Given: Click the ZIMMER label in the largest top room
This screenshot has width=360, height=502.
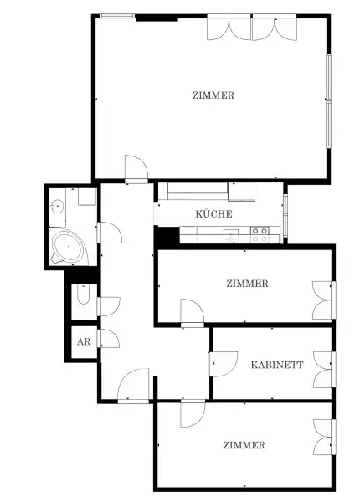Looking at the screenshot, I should (x=213, y=95).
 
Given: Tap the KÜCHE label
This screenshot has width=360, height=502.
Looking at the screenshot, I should (x=213, y=214).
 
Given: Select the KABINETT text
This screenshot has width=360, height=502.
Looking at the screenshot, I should (x=276, y=365).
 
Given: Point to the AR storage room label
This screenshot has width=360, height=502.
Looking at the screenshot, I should (x=83, y=341).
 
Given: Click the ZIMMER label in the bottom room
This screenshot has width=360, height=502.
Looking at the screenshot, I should (x=244, y=445).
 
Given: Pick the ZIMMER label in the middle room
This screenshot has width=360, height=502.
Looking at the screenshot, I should (x=247, y=284).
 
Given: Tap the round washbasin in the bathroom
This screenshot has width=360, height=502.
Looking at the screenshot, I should (x=58, y=206).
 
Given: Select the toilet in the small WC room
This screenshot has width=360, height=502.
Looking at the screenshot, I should (x=82, y=295).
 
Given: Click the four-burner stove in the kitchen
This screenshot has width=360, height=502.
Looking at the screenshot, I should (x=260, y=235).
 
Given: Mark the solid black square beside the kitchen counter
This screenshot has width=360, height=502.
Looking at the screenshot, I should (x=167, y=236).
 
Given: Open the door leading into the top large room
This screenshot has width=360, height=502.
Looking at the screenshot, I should (x=135, y=168).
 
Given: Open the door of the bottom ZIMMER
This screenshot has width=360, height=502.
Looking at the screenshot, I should (x=192, y=412).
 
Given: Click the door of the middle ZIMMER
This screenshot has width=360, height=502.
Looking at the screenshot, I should (x=192, y=311).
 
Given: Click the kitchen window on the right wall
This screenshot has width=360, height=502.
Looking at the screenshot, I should (x=285, y=215).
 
